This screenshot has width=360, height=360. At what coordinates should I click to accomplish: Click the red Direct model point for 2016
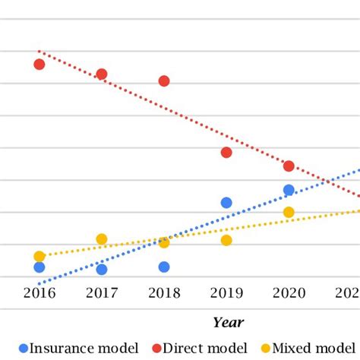pos(39,65)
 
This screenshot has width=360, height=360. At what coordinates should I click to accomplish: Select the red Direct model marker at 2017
pos(102,74)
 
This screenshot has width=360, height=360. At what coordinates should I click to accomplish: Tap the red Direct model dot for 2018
pos(164,81)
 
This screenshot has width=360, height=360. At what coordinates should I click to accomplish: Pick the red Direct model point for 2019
pos(226,153)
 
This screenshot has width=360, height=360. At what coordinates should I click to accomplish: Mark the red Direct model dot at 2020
pos(289,166)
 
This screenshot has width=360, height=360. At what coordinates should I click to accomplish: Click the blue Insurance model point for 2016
pos(39,267)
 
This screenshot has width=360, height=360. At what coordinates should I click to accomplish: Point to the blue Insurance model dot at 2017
pos(102,270)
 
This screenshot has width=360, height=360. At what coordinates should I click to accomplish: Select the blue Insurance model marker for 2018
pos(164,267)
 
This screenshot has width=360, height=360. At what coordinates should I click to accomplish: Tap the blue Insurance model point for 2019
pos(226,203)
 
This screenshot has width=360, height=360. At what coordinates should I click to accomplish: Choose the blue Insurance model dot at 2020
pos(289,191)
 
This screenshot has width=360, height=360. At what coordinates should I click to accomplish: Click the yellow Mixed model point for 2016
pos(39,257)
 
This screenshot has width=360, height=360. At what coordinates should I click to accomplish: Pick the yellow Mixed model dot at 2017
pos(102,239)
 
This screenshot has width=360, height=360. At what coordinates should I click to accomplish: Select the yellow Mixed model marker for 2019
pos(226,241)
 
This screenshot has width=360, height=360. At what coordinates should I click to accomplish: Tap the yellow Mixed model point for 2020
pos(289,213)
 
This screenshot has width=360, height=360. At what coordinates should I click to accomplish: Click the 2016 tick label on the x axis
pos(39,292)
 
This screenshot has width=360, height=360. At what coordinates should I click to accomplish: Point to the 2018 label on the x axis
pos(164,292)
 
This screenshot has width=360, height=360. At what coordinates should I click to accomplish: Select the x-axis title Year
pos(228,323)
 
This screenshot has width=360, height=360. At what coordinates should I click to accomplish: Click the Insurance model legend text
pos(84,348)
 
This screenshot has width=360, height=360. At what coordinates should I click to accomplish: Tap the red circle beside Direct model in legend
pos(157,349)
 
